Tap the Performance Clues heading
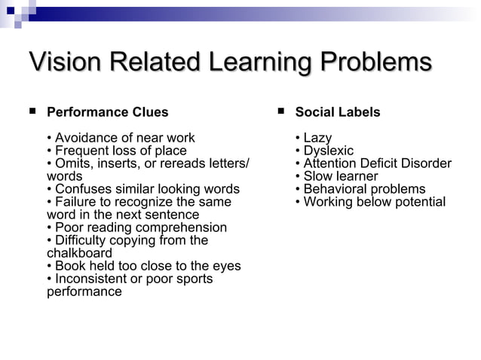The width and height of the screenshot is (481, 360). tap(108, 112)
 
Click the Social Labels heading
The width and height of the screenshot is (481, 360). tap(338, 112)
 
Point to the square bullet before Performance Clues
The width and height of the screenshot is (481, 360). tap(32, 111)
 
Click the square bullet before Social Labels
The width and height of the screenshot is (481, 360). tap(280, 111)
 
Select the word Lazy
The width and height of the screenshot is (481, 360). tap(317, 138)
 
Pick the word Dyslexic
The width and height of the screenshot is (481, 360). tap(328, 151)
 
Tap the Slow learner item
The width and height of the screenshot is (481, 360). tap(340, 176)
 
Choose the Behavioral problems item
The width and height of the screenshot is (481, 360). tap(364, 189)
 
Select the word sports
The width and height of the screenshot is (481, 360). tap(193, 279)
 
